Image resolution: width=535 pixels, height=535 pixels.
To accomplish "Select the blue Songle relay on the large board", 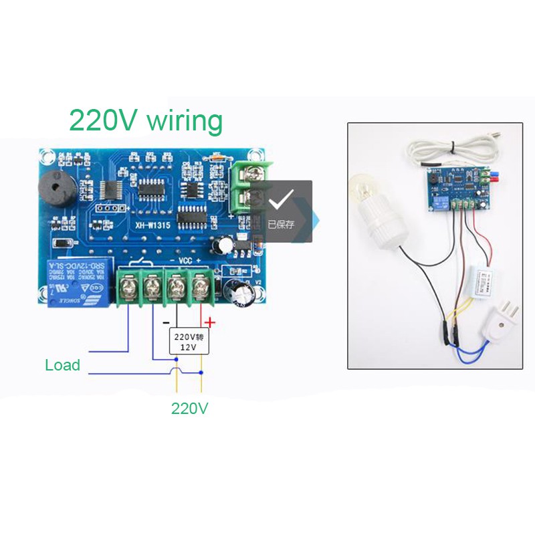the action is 75,283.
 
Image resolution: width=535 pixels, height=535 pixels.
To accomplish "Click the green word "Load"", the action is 62,365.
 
